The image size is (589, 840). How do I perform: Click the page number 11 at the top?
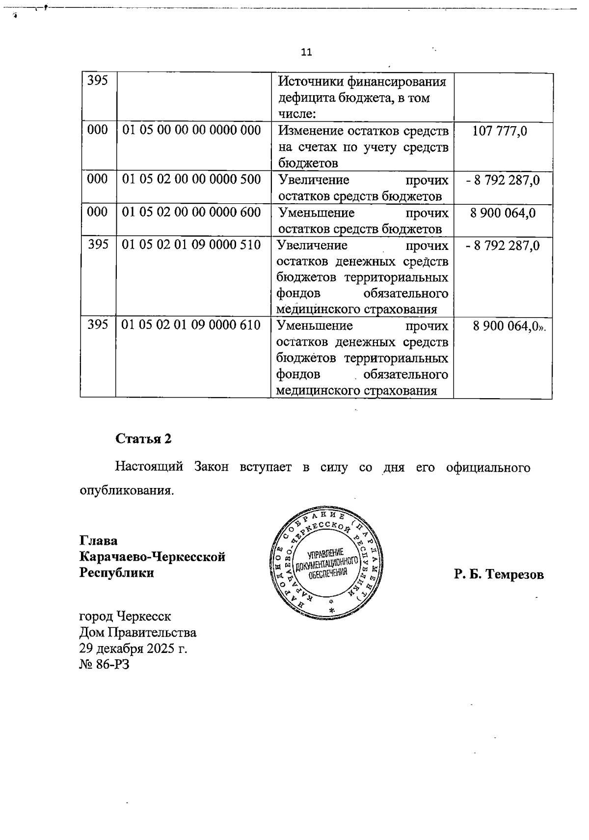coord(306,52)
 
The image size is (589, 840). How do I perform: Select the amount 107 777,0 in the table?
coord(500,131)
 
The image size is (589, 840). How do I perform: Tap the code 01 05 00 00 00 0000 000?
coord(191,131)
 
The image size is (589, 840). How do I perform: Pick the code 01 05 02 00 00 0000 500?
coord(191,179)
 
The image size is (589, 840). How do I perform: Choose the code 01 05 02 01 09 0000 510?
coord(191,244)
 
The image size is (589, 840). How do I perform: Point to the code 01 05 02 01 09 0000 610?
coord(191,325)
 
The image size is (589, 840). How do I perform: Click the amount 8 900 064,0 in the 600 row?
coord(503,213)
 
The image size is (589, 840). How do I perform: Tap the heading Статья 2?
coord(143,438)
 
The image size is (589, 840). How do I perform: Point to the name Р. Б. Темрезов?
coord(499,574)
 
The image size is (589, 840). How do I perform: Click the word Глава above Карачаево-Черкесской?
coord(99,541)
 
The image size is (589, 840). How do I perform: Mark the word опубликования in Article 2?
coord(127,490)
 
